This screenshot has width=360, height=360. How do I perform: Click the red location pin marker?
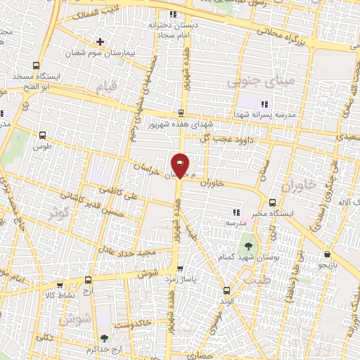point(181,165)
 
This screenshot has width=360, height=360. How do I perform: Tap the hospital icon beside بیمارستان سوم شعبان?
point(100,41)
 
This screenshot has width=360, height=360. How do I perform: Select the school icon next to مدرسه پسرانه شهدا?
point(264,104)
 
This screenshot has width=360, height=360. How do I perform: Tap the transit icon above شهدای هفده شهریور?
point(181,112)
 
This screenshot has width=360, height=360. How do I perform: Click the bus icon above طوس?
point(44,136)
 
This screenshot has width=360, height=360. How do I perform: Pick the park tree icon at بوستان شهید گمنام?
point(248,247)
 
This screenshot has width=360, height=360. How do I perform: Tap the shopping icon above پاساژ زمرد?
point(181,268)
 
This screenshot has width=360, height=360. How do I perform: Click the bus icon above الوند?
point(226,290)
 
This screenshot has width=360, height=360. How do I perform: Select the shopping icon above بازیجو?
point(328,254)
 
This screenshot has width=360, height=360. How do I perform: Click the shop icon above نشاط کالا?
point(60,285)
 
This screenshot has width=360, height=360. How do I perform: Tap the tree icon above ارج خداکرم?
point(104,339)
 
